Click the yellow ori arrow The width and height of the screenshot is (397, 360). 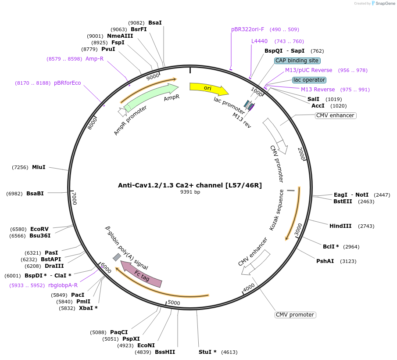(x=208, y=88)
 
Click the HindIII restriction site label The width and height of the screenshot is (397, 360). (x=340, y=226)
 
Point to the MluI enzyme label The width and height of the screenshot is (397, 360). (x=39, y=167)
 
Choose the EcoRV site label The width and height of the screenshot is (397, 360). (x=39, y=229)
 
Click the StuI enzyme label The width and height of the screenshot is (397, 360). (x=208, y=352)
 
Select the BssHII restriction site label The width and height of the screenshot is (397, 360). (x=165, y=352)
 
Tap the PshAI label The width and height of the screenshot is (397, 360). (x=325, y=261)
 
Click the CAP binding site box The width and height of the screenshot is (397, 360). (x=297, y=61)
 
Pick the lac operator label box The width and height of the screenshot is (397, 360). (x=309, y=80)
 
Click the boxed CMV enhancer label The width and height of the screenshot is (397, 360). (x=335, y=115)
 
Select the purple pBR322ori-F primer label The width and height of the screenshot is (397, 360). (x=248, y=29)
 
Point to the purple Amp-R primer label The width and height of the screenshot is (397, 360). (x=94, y=59)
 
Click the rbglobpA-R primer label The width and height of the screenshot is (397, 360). (x=63, y=285)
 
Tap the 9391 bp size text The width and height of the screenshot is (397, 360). (x=190, y=192)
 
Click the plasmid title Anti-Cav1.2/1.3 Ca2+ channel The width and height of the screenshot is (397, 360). (x=190, y=185)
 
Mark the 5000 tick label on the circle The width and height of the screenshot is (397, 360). (x=174, y=302)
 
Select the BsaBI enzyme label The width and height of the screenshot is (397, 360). (x=35, y=194)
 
